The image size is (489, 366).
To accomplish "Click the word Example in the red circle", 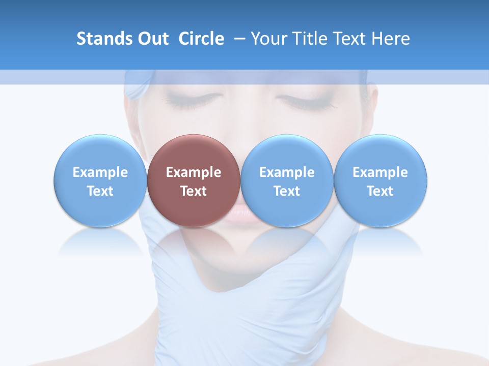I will [x=194, y=172].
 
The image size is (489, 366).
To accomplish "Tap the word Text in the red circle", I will [x=194, y=191].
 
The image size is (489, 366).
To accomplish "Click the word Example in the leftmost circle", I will [x=100, y=172].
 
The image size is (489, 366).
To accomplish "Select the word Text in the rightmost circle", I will [x=381, y=191].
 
